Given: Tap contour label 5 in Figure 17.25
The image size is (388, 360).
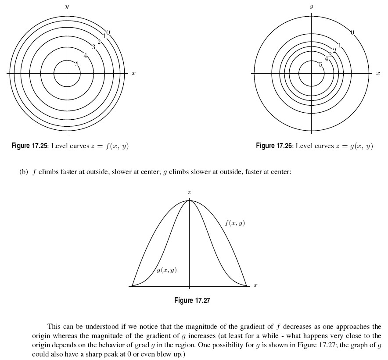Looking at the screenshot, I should click(77, 64).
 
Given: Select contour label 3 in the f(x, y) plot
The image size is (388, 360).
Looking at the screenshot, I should click(93, 47).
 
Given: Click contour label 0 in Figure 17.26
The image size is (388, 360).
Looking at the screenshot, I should click(352, 32).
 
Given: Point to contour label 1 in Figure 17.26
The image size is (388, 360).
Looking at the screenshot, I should click(339, 45).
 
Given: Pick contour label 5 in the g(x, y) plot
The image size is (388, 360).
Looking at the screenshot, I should click(320, 64).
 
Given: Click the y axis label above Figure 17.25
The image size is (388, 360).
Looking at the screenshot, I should click(67, 7).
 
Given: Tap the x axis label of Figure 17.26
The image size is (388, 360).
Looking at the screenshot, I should click(377, 74).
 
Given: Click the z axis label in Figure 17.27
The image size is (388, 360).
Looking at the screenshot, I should click(189, 192).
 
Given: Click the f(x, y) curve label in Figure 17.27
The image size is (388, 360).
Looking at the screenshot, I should click(235, 223).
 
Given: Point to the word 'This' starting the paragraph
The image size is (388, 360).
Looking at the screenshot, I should click(54, 327).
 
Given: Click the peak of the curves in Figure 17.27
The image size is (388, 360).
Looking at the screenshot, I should click(189, 201).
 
